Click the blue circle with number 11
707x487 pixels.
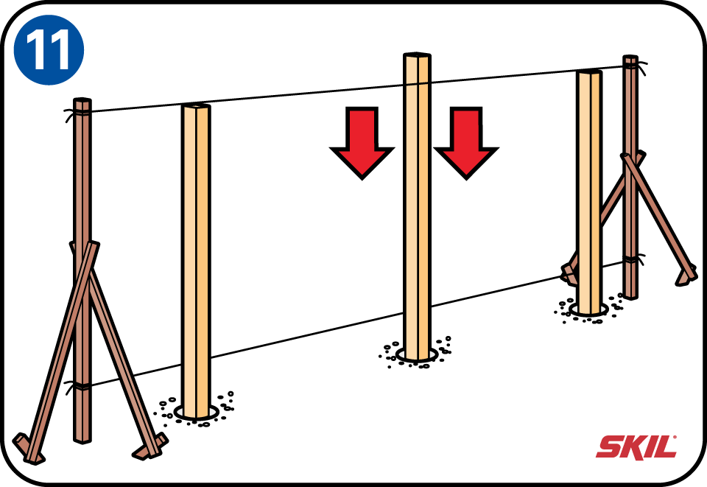click(x=49, y=49)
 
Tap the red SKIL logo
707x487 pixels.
click(x=636, y=447)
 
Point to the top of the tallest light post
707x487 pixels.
click(x=417, y=55)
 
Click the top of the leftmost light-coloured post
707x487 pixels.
click(x=196, y=106)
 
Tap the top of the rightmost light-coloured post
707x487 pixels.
click(x=589, y=72)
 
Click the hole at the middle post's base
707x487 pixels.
click(x=417, y=355)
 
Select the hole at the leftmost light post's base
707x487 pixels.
click(x=196, y=412)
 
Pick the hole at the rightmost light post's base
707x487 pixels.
click(x=588, y=309)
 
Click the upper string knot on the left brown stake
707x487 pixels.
click(x=77, y=112)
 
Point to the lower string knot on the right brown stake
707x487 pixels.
click(x=632, y=259)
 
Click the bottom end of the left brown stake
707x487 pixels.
click(x=82, y=439)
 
